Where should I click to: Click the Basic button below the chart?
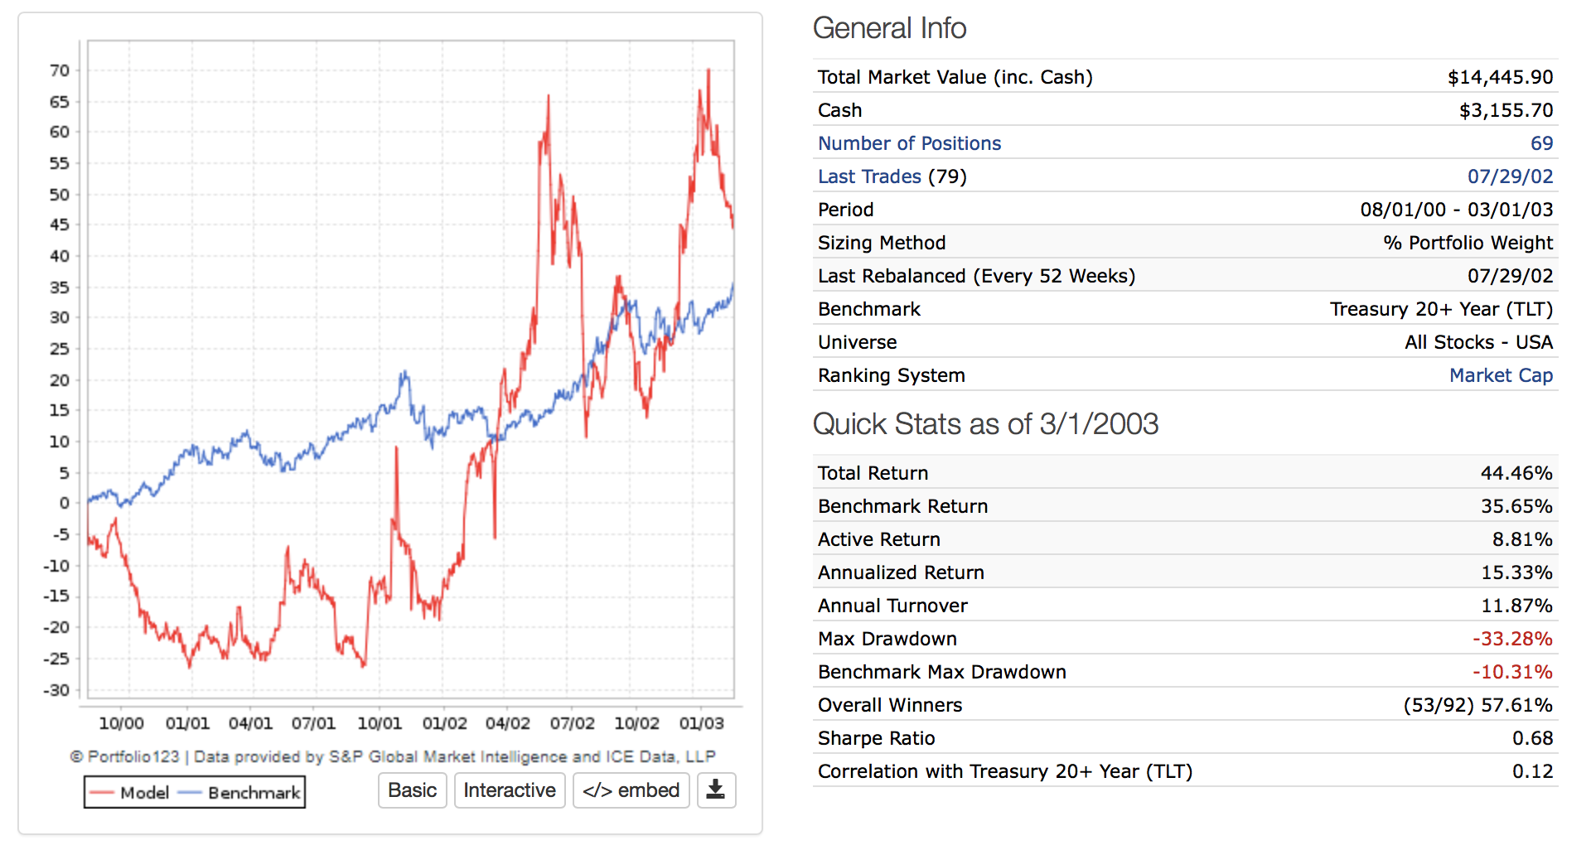(x=412, y=790)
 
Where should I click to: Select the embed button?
(x=631, y=790)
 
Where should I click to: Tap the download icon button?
(x=716, y=790)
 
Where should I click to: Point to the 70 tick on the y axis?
(x=60, y=70)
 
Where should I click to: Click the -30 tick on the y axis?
(x=56, y=690)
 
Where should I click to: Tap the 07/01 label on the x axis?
(x=313, y=723)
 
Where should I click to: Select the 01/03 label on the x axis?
(x=701, y=723)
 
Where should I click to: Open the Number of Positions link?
(x=909, y=143)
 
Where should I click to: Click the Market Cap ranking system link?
(x=1501, y=375)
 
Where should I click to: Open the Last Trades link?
(x=869, y=176)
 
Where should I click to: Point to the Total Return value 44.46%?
(x=1516, y=473)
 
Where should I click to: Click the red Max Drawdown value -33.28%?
(x=1512, y=639)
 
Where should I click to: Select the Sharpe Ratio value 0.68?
(x=1532, y=738)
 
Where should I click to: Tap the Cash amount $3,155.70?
(x=1506, y=110)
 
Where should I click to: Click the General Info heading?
(x=889, y=28)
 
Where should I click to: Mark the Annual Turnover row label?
(x=892, y=606)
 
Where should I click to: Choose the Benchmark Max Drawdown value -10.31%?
(x=1512, y=672)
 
